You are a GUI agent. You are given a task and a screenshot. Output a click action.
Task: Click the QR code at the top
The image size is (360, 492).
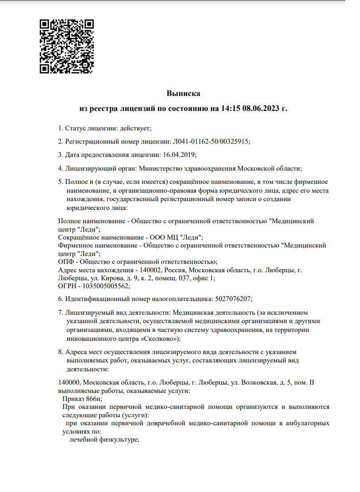[x=67, y=46]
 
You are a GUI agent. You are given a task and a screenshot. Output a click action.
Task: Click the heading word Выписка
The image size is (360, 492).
[x=183, y=94]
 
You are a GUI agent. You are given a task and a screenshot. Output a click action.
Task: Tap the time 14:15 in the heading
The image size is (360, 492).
[x=230, y=108]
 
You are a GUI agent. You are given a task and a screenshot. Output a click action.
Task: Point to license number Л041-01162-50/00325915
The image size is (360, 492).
[x=211, y=141]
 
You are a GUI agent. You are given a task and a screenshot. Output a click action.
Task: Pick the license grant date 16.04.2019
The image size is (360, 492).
[x=179, y=155]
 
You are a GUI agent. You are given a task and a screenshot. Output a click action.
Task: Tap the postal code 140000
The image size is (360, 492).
[x=69, y=382]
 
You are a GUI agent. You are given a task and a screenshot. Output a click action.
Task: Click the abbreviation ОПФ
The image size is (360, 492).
[x=65, y=262]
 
